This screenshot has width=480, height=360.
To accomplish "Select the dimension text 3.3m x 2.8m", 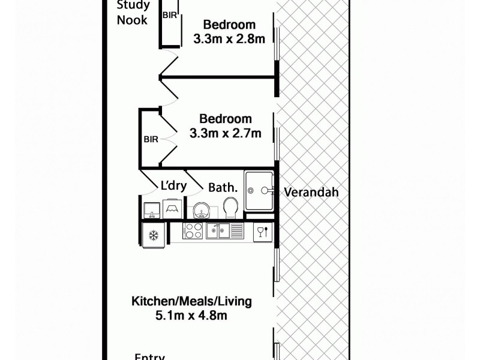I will click(x=229, y=38).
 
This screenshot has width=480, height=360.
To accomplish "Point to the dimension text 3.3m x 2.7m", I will click(x=225, y=133).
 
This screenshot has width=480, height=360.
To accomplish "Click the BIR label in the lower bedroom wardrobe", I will click(x=151, y=139).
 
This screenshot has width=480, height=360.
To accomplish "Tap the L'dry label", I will click(x=173, y=186).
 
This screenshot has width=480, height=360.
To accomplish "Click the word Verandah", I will click(x=311, y=193).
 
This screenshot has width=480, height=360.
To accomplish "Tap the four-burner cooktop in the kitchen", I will click(x=193, y=230).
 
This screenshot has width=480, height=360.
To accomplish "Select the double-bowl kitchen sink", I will click(x=224, y=230).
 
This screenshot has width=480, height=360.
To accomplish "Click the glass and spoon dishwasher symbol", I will click(x=262, y=232).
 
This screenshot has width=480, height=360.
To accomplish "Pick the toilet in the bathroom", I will click(x=229, y=209).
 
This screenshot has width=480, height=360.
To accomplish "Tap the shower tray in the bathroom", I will click(x=259, y=190).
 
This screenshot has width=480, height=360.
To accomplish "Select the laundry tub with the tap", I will click(x=151, y=209).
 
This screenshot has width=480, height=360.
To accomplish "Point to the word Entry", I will click(x=149, y=356).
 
